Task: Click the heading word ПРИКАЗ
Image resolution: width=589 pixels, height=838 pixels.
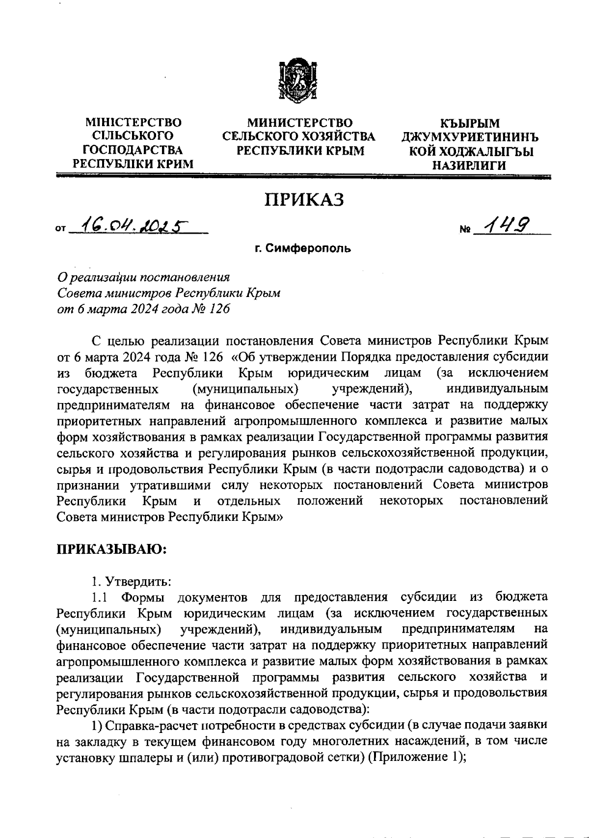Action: click(x=304, y=200)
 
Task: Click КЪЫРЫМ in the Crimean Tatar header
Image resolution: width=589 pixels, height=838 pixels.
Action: click(x=470, y=123)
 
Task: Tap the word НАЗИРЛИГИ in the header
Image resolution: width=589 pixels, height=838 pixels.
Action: click(x=470, y=166)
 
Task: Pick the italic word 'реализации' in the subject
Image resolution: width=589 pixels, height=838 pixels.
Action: click(x=101, y=278)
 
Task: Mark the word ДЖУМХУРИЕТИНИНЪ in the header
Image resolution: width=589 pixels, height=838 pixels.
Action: click(x=470, y=137)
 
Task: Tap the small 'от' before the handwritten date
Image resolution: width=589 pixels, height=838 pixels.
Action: click(x=61, y=229)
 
